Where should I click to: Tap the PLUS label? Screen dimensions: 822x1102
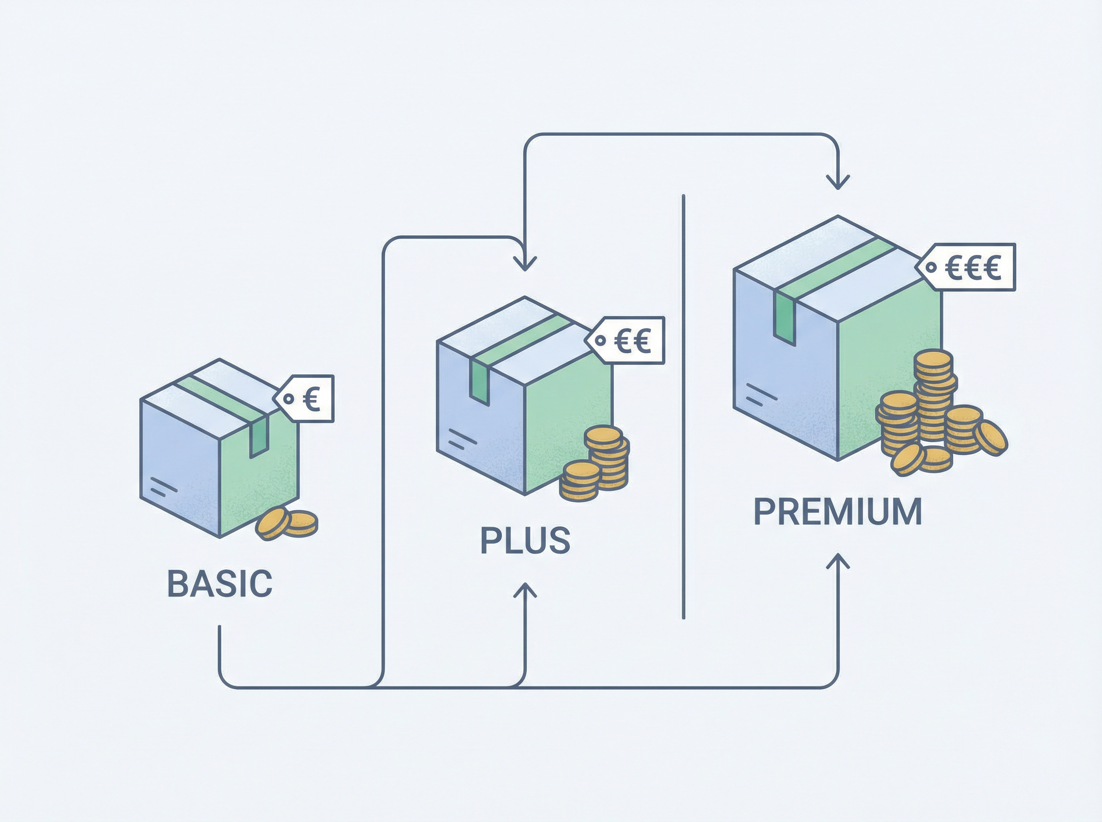click(x=525, y=540)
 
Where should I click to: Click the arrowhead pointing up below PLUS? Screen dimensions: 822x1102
click(x=525, y=590)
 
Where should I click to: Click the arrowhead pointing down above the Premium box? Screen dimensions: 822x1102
click(x=838, y=182)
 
